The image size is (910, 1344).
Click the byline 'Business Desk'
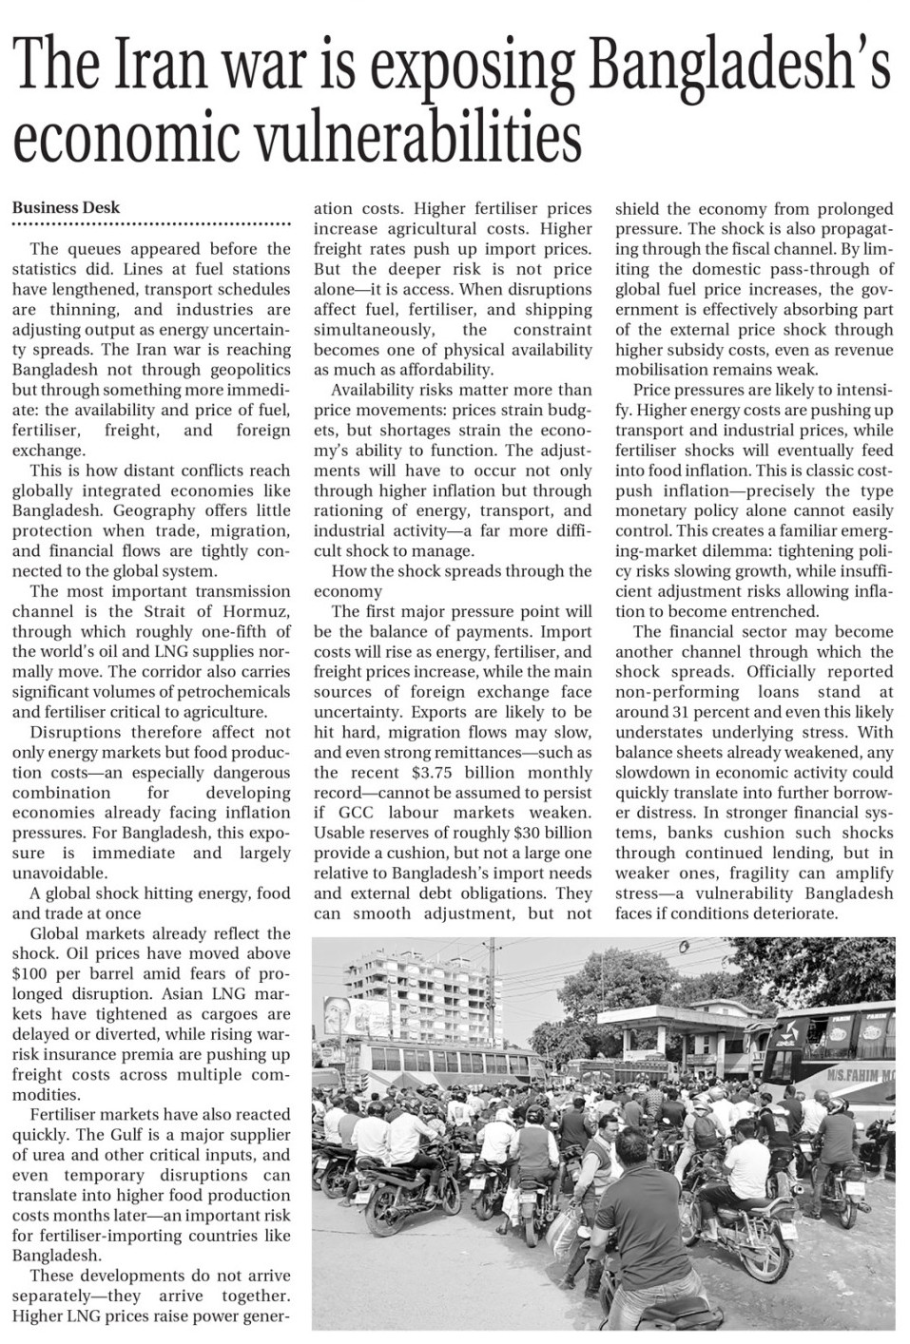point(66,208)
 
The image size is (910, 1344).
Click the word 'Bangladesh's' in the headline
point(737,69)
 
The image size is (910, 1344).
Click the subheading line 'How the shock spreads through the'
point(461,571)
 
